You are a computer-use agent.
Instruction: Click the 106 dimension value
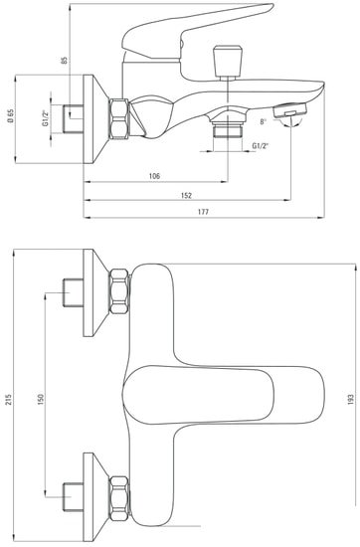154,176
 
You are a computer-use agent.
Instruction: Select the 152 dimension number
187,195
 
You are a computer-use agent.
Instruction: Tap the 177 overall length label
203,212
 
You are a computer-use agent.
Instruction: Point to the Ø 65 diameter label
11,116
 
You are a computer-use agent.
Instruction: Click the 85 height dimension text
65,60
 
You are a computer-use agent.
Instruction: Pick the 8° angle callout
263,121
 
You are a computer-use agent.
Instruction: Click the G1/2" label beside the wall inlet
46,118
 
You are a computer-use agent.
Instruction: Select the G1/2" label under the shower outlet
260,146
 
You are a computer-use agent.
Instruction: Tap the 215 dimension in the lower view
9,400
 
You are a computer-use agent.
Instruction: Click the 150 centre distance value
41,399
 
